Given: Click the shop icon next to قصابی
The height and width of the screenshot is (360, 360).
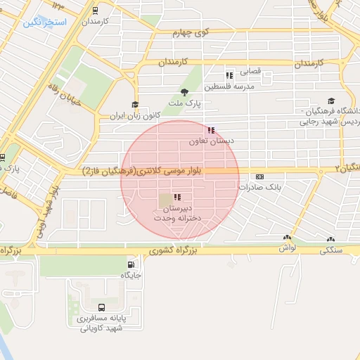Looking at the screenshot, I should (x=229, y=75).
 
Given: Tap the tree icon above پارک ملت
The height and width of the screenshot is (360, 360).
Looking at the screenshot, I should (x=185, y=92).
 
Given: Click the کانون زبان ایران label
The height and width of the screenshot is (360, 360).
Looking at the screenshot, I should (x=134, y=115).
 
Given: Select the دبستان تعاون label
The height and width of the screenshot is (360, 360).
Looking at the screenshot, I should (x=210, y=141).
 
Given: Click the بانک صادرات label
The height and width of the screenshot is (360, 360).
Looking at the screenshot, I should (x=260, y=187).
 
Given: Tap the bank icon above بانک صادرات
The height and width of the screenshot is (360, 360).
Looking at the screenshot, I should (x=260, y=176).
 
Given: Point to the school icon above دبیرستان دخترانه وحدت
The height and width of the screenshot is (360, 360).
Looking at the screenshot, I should (x=176, y=198).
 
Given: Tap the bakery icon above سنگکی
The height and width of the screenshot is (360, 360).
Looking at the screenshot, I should (x=330, y=238).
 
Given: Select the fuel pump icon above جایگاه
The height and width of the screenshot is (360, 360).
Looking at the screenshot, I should (x=131, y=264).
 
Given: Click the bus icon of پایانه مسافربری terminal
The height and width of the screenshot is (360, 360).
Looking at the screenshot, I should (x=102, y=307).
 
